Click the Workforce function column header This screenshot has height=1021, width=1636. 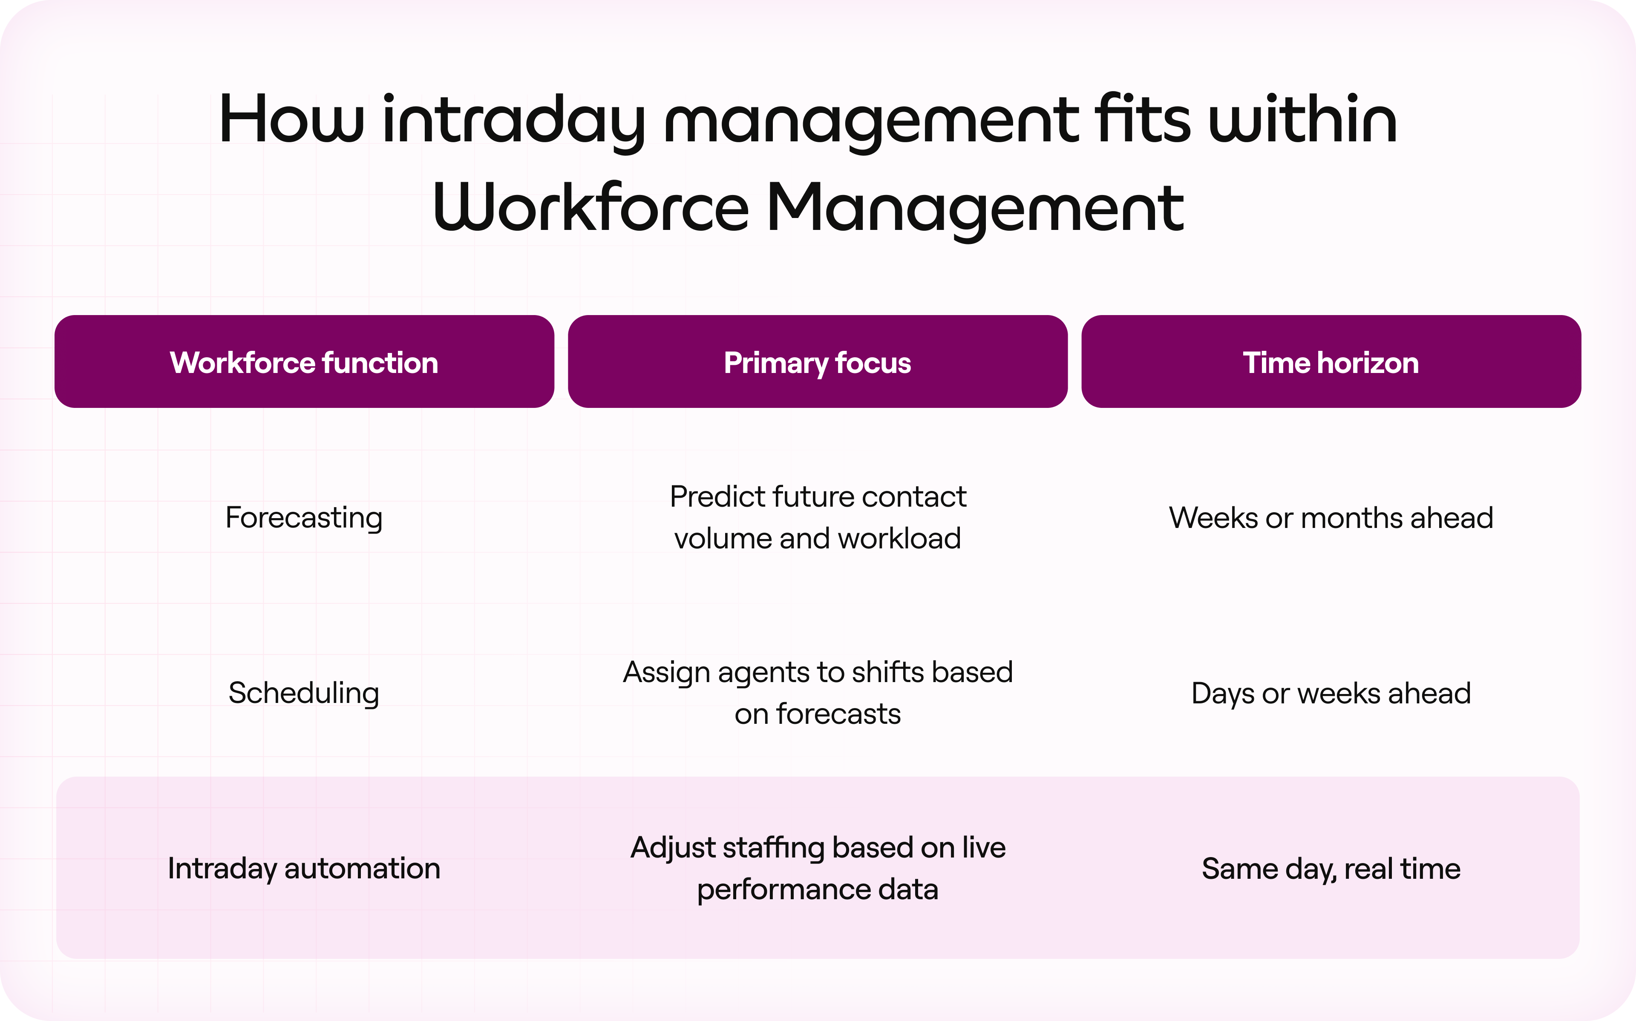[x=304, y=363]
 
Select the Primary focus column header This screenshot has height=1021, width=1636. [x=817, y=363]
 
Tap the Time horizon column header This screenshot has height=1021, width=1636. [x=1331, y=363]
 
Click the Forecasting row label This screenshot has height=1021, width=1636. [x=304, y=518]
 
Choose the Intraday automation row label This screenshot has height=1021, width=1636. [x=304, y=869]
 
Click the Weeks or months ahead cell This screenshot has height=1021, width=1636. [x=1331, y=518]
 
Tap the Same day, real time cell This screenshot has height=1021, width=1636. [x=1331, y=869]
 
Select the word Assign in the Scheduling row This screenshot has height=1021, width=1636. [x=666, y=673]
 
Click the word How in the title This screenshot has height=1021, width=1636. [x=292, y=120]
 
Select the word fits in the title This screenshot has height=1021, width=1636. [x=1143, y=120]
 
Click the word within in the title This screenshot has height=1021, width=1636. [x=1303, y=120]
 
